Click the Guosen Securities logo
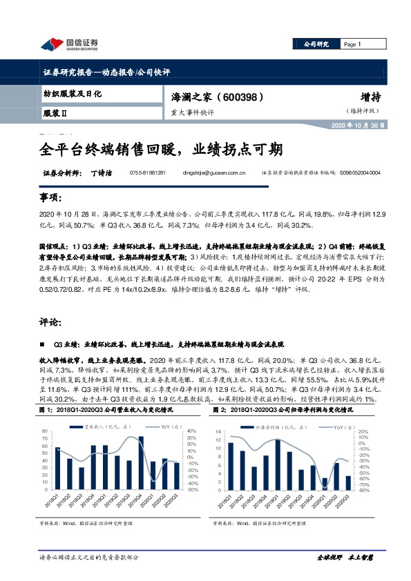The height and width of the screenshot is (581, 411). tap(70, 44)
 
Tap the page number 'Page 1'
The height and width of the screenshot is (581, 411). tap(352, 44)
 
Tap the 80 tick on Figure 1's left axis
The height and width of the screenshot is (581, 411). tap(45, 433)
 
